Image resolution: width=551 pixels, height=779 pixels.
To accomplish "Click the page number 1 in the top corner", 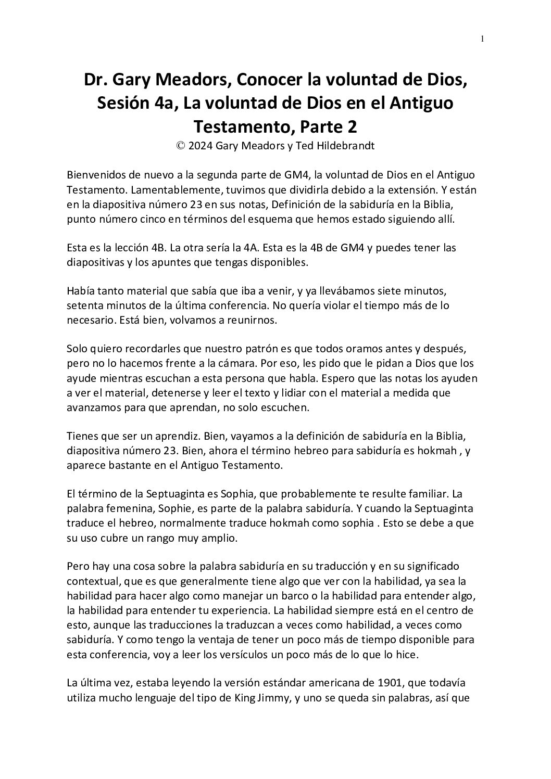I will (483, 39).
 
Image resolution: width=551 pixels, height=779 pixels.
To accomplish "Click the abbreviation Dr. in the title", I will (96, 80).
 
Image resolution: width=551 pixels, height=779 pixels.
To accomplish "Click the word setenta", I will (84, 305).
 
